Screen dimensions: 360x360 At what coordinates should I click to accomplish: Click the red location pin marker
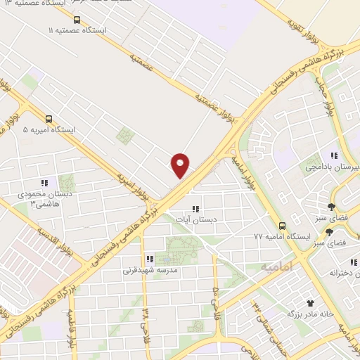(181, 165)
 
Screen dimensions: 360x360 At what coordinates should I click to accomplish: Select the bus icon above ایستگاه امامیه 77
(282, 226)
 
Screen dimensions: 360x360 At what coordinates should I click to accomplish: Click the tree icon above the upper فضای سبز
(331, 206)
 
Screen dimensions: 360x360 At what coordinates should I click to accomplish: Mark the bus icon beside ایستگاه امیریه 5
(49, 119)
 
